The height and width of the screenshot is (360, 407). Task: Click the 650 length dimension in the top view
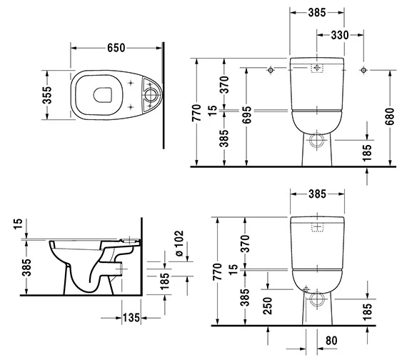[x=116, y=48]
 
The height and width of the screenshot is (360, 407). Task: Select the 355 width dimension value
[x=48, y=95]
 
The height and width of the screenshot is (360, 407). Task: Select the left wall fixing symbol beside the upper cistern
[x=271, y=70]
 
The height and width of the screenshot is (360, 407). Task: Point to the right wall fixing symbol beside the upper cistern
[x=364, y=70]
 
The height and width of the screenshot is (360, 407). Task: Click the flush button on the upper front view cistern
[x=317, y=69]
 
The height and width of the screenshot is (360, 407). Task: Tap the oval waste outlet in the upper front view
[x=317, y=138]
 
